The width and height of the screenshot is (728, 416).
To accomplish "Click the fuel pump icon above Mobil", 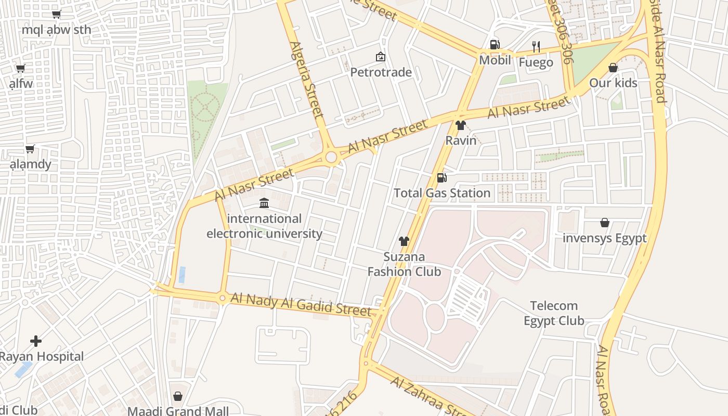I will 495,45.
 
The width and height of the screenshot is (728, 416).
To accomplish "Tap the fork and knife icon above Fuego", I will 536,46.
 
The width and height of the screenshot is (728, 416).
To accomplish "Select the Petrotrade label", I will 381,72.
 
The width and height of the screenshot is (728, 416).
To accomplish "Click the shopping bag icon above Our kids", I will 613,68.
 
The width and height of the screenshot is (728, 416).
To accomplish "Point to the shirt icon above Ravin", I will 460,125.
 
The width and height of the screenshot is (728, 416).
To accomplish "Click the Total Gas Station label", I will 442,193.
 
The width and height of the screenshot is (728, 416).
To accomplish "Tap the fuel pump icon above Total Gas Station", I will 441,178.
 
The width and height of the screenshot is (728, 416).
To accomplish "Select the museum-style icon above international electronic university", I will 264,203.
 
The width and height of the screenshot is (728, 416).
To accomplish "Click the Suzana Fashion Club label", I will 404,264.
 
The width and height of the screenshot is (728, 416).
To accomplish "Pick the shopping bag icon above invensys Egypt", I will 605,223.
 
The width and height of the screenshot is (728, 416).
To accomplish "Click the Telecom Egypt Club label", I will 554,313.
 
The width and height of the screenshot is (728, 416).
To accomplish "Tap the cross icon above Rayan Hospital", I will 36,341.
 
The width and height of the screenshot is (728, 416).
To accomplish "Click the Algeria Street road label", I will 307,79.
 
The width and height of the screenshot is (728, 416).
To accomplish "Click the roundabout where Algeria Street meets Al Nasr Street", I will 331,157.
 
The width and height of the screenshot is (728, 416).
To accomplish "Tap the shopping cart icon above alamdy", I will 30,149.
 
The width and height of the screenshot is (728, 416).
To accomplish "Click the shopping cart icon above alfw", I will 20,68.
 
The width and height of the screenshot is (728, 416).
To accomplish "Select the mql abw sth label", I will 56,30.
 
